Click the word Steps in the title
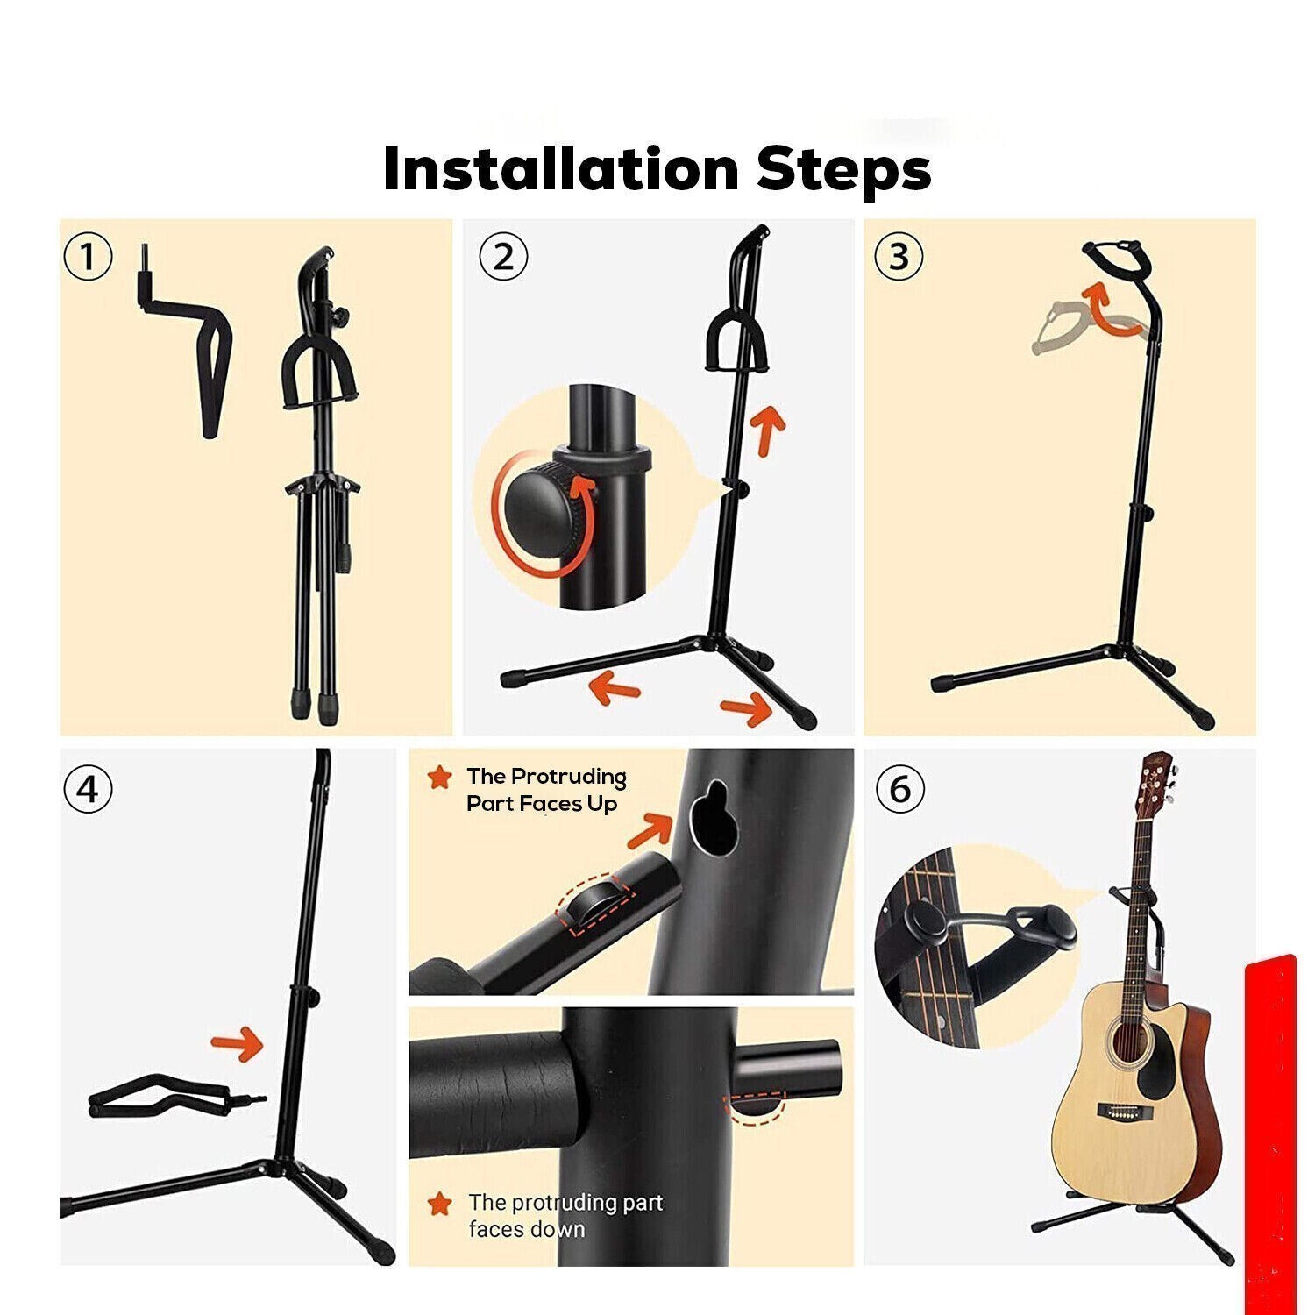844,171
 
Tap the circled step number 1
89,258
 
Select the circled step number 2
503,258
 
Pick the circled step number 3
899,258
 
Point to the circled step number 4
89,789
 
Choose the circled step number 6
900,789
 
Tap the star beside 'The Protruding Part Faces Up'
440,777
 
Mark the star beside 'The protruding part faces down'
440,1203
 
